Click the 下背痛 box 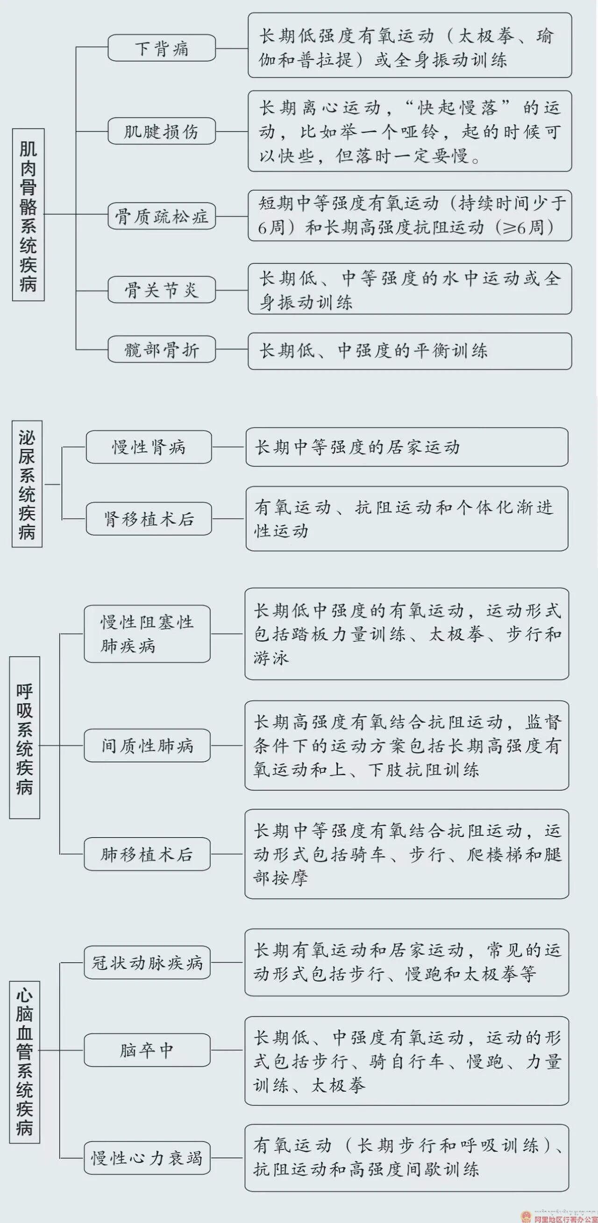[162, 48]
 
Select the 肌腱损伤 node [162, 131]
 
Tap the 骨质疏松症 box [162, 217]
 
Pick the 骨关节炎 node [162, 290]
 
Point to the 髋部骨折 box [162, 349]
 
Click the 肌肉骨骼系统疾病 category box [28, 215]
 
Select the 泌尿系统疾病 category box [27, 484]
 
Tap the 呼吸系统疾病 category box [25, 738]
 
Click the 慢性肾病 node [149, 447]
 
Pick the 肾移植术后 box [149, 518]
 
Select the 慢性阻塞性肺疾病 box [147, 634]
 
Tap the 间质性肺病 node [147, 745]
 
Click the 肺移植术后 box [147, 854]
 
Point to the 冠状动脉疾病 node [147, 962]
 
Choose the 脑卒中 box [147, 1050]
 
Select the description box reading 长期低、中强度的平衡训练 [410, 351]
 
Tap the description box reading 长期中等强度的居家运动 [407, 447]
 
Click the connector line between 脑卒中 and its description [228, 1050]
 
